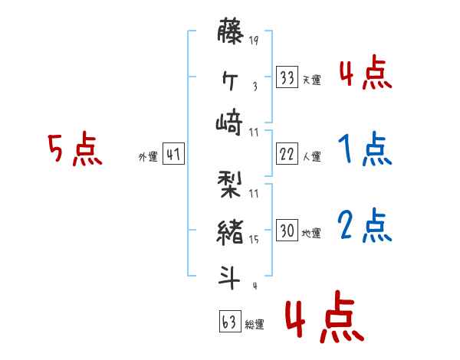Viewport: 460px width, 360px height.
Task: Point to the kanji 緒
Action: coord(231,231)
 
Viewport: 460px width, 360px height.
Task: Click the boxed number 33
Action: coord(287,77)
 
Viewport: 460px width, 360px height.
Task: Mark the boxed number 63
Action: coord(228,321)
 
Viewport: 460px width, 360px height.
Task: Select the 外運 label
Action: coord(148,156)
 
